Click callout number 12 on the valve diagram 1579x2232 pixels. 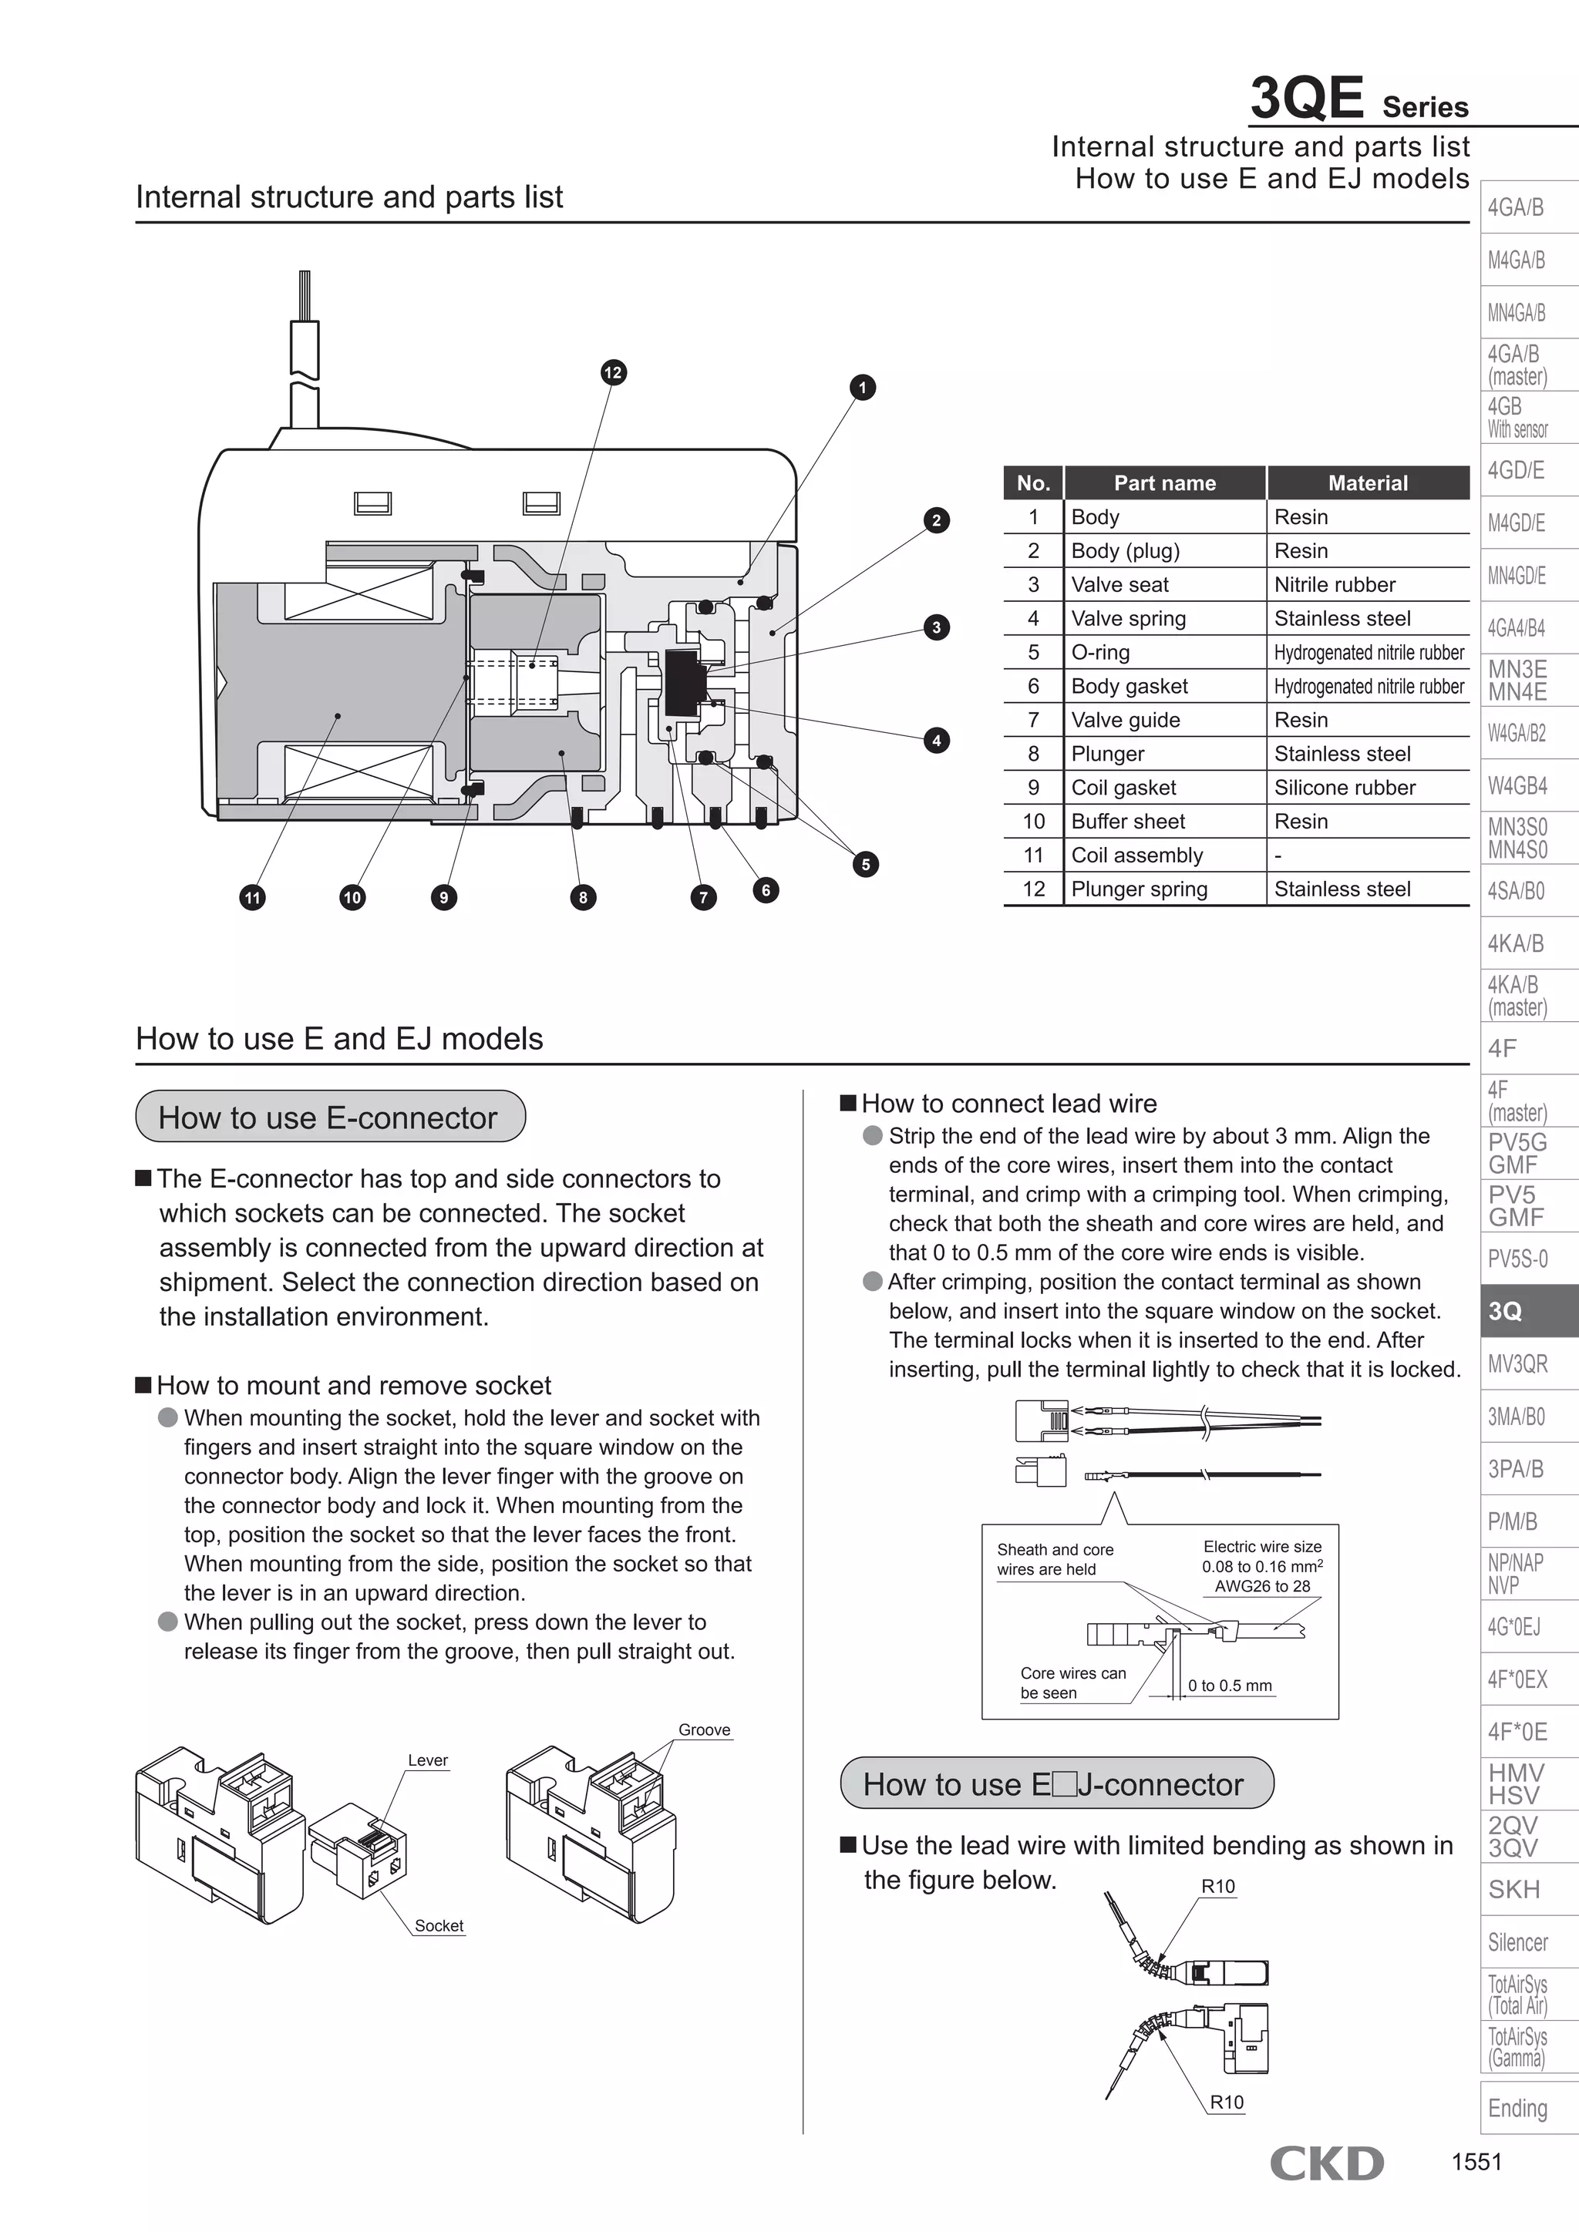(612, 372)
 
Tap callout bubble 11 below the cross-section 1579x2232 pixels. (253, 897)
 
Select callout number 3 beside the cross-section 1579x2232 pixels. (936, 627)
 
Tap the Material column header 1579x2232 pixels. (1367, 483)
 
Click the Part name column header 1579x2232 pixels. (1164, 483)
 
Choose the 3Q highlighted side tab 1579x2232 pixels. (1527, 1310)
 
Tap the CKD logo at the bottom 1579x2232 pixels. (1326, 2163)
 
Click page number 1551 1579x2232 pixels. (1476, 2162)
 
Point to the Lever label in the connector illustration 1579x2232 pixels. (428, 1760)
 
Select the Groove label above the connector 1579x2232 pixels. (704, 1729)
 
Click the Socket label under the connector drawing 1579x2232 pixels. (439, 1926)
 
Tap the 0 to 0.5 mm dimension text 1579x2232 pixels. (1229, 1686)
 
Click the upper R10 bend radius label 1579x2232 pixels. (1217, 1886)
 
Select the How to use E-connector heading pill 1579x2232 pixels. (330, 1117)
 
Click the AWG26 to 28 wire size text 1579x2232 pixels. (1262, 1585)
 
